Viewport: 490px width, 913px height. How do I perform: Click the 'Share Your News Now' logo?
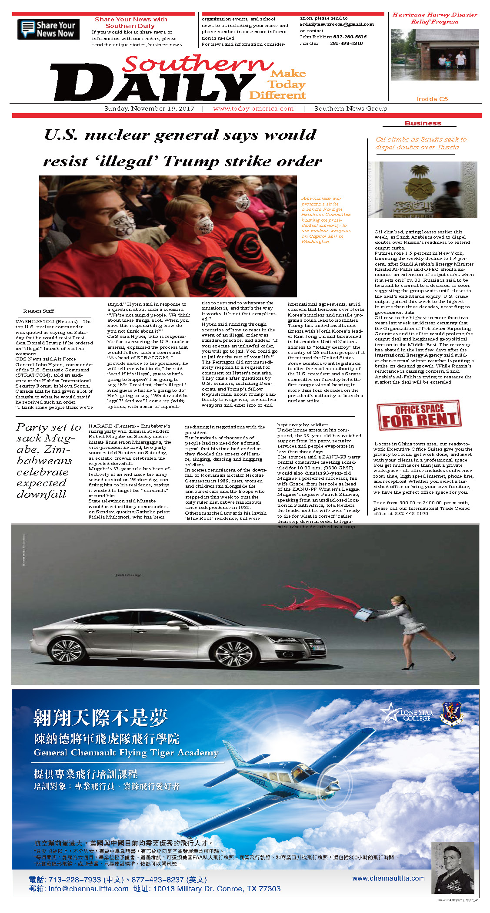(x=48, y=29)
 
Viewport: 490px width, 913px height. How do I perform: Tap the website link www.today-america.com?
(x=253, y=108)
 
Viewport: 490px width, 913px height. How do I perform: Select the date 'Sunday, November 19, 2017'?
(x=149, y=108)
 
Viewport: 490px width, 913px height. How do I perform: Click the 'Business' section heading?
(x=423, y=123)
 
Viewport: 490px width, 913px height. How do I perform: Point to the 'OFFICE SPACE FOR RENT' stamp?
(x=419, y=415)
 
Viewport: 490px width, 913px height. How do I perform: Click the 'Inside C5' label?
(x=432, y=99)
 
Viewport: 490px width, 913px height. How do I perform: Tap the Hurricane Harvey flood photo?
(x=434, y=54)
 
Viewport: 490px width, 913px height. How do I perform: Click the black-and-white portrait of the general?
(x=452, y=868)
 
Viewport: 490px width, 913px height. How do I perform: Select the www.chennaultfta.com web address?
(x=388, y=878)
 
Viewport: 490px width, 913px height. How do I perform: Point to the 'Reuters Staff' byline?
(x=39, y=311)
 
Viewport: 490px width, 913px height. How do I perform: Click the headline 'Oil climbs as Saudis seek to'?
(x=421, y=139)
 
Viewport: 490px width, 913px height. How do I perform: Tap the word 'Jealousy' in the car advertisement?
(x=128, y=575)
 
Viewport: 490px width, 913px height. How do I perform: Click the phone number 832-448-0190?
(x=412, y=513)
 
